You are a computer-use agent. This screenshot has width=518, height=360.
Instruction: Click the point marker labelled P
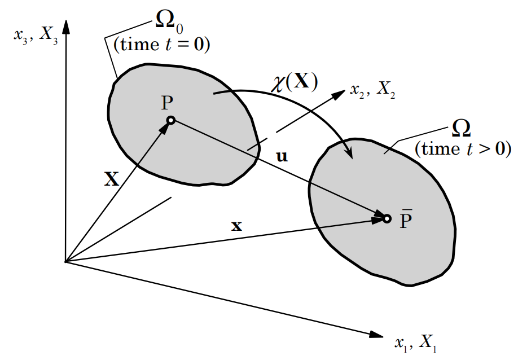pyautogui.click(x=170, y=120)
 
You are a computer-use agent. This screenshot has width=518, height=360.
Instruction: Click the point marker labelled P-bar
pyautogui.click(x=387, y=218)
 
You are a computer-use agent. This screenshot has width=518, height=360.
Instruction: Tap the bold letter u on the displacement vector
pyautogui.click(x=282, y=156)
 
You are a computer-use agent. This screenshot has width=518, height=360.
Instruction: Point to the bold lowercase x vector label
pyautogui.click(x=237, y=226)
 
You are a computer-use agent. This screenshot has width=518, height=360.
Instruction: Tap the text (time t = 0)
pyautogui.click(x=162, y=45)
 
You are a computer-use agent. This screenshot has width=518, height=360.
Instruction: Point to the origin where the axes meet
pyautogui.click(x=66, y=262)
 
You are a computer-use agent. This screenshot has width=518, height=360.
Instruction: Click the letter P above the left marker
pyautogui.click(x=168, y=103)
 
